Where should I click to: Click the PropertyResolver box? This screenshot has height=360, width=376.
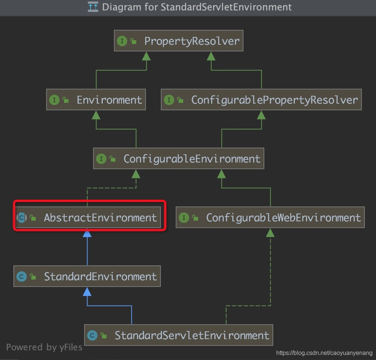179,41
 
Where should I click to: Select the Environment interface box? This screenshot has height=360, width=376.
96,100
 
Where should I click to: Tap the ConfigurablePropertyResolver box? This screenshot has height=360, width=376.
261,100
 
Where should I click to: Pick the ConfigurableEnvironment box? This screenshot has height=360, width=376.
179,159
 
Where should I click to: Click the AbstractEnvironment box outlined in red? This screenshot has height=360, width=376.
89,218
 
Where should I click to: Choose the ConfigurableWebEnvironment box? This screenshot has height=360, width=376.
270,218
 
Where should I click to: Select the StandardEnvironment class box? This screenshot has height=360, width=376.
87,277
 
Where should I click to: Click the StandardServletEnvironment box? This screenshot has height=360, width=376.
179,335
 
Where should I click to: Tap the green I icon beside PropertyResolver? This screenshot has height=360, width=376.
122,41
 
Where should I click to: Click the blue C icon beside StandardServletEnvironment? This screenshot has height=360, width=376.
92,335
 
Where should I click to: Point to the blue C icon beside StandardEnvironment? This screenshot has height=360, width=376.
21,277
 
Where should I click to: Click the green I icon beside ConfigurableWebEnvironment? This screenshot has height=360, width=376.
184,218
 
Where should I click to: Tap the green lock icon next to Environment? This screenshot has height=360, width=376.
66,100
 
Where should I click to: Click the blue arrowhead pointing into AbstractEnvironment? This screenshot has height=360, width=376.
87,233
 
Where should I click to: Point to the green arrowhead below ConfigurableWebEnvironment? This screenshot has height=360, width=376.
270,233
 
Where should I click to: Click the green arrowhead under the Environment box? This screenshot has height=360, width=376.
96,115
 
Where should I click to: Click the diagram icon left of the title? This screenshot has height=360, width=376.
93,7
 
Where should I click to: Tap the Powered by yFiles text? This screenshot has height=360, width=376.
44,347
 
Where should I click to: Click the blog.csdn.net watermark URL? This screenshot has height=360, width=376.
324,353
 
